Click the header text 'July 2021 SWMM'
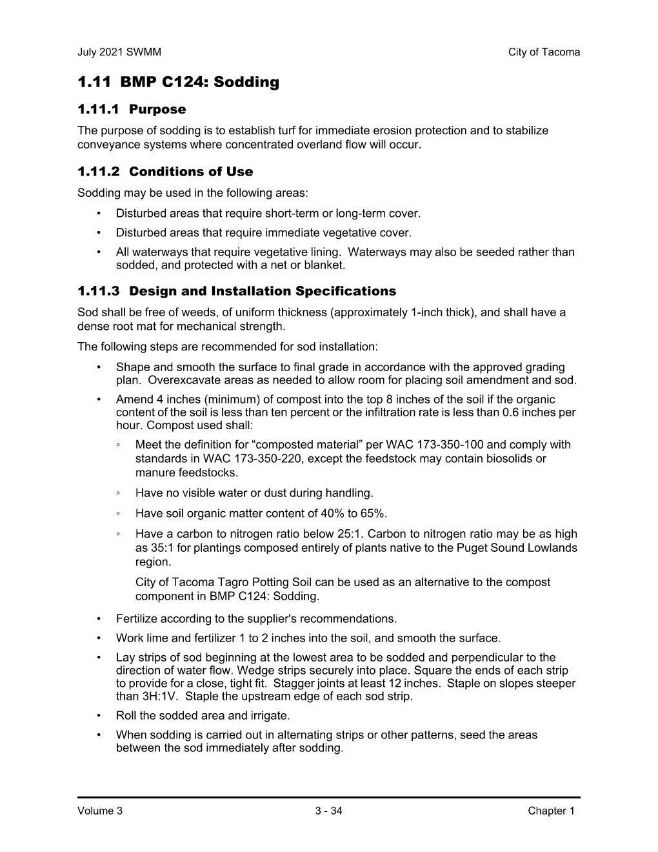pos(119,52)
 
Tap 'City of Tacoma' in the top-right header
pos(544,52)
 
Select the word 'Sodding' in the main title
pos(246,83)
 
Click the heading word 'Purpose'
pos(157,110)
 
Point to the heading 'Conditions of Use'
pos(191,172)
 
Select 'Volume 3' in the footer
pos(100,811)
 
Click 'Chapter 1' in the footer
pos(551,811)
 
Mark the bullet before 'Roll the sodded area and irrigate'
pos(99,716)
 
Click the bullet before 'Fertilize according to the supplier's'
pos(99,619)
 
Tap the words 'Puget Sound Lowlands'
pos(523,548)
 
